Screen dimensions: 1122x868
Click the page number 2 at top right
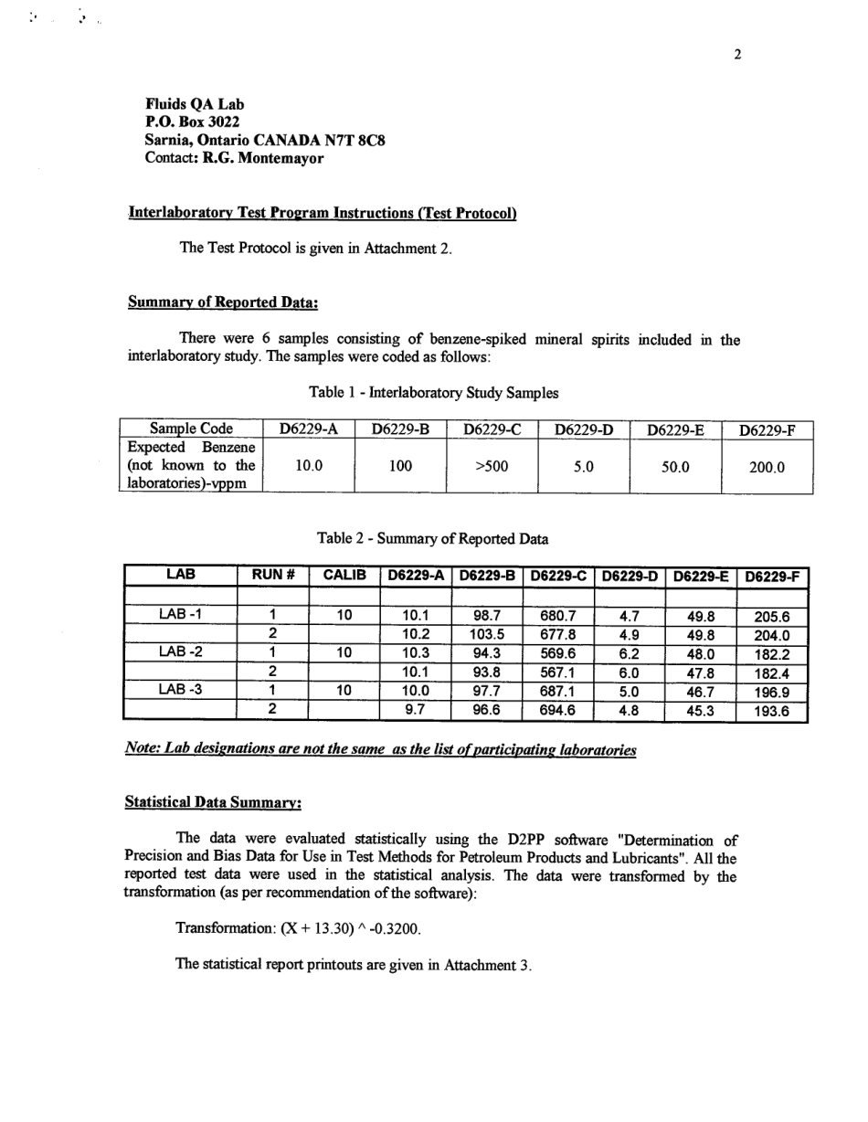tap(737, 54)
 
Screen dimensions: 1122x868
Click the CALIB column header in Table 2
tap(344, 576)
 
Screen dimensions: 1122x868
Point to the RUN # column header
tap(272, 576)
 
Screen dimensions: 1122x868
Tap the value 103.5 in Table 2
tap(487, 634)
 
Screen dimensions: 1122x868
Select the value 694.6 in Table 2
tap(557, 710)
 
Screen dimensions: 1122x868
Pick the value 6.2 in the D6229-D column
tap(629, 652)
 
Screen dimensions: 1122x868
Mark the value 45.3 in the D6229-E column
tap(701, 710)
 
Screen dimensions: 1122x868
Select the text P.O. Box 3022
tap(194, 122)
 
